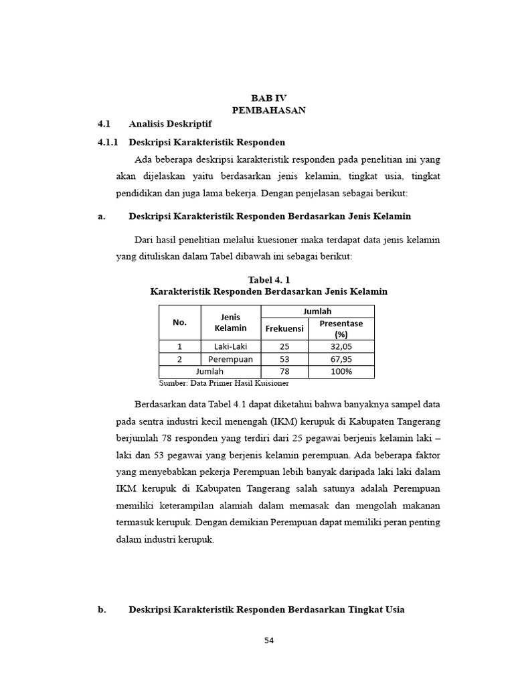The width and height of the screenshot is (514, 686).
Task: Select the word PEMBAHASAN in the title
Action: [x=268, y=111]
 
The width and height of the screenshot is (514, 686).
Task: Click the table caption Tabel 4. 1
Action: [x=269, y=279]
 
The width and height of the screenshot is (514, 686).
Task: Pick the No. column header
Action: [x=179, y=322]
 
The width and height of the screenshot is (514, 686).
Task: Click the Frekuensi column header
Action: [x=284, y=328]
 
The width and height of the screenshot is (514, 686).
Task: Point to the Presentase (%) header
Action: [x=341, y=328]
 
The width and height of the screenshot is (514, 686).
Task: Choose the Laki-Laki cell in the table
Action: [x=231, y=346]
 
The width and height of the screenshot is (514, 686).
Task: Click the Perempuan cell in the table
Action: [x=231, y=359]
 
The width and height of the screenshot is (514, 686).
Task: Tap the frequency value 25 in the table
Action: [x=284, y=346]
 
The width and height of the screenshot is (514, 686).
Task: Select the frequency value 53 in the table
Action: [x=284, y=359]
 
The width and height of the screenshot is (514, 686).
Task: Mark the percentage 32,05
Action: [x=341, y=346]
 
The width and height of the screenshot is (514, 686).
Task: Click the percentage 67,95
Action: [x=341, y=359]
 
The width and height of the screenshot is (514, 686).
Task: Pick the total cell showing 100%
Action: [x=341, y=371]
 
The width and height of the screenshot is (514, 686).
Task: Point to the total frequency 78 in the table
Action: [x=284, y=371]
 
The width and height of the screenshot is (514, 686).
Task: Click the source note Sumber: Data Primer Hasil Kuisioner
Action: [x=224, y=383]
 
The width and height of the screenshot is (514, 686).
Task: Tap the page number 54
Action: [x=269, y=640]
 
